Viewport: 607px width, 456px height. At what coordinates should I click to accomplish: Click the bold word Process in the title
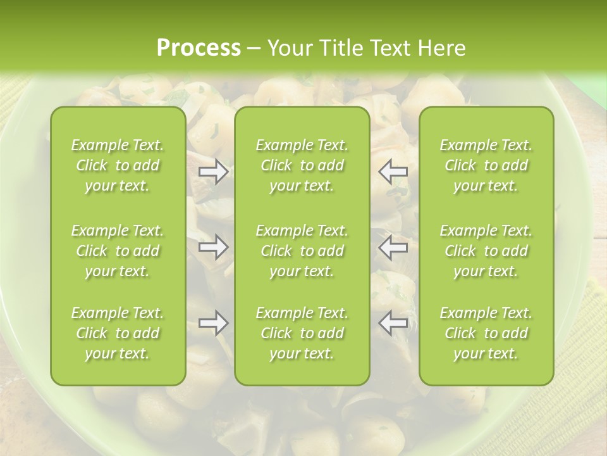[x=199, y=48]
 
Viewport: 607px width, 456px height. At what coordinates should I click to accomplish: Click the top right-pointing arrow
[x=213, y=172]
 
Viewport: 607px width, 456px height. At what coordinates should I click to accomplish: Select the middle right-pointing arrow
[x=213, y=247]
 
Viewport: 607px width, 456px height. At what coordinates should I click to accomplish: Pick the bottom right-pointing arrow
[x=213, y=323]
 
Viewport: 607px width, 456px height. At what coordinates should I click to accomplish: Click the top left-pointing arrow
[x=393, y=172]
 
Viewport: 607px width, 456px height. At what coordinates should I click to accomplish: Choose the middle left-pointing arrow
[x=393, y=247]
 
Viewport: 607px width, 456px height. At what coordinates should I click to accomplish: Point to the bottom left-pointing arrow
[x=393, y=323]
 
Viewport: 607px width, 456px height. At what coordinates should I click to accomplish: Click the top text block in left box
[x=118, y=165]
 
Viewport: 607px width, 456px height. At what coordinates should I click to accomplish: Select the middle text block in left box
[x=118, y=251]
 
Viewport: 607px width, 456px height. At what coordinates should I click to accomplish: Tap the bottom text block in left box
[x=118, y=333]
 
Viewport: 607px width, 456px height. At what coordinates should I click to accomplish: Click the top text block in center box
[x=302, y=165]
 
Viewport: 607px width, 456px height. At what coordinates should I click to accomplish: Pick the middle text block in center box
[x=302, y=251]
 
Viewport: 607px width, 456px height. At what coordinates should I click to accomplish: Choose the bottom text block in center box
[x=302, y=333]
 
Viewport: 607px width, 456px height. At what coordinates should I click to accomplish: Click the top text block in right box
[x=486, y=165]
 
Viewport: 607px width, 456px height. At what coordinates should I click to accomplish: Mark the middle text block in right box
[x=486, y=251]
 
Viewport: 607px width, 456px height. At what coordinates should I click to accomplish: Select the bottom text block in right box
[x=486, y=333]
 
